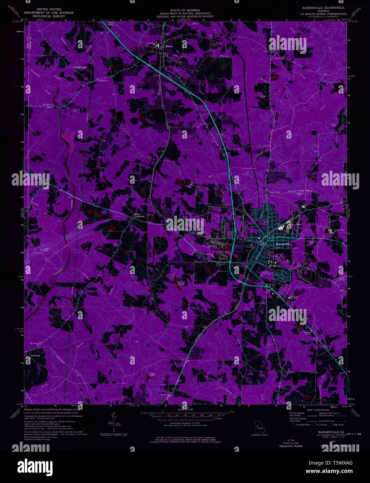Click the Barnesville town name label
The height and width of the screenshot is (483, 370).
pyautogui.click(x=282, y=245)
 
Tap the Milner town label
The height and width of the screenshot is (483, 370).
pyautogui.click(x=169, y=46)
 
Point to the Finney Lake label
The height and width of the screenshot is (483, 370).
pyautogui.click(x=152, y=375)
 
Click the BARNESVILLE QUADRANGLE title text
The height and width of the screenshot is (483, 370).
pyautogui.click(x=323, y=7)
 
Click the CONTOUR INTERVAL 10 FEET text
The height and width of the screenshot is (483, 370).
pyautogui.click(x=185, y=423)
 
